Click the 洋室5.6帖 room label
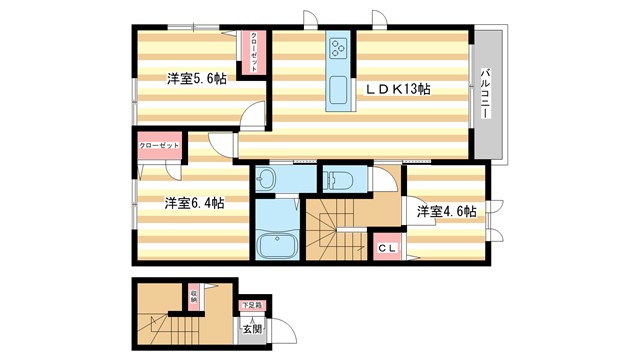196,79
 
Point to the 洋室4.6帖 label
446,212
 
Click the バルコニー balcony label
485,94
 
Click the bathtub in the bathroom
274,246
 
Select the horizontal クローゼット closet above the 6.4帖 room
159,146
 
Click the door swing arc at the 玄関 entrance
283,330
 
